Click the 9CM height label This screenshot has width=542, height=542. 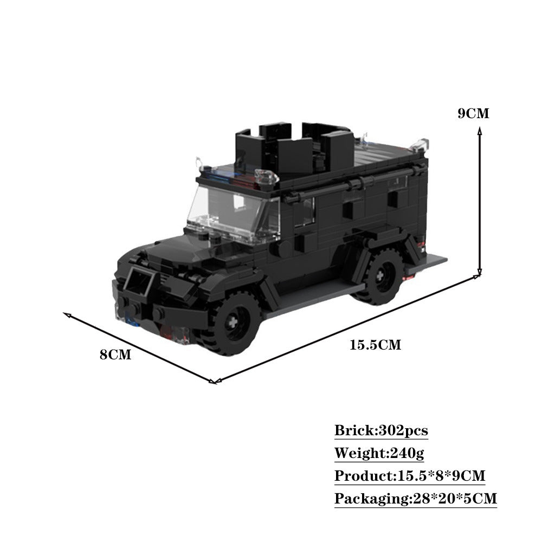[473, 114]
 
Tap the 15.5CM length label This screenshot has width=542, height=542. [375, 345]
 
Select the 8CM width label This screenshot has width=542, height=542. [115, 355]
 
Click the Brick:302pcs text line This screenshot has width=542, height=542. [381, 431]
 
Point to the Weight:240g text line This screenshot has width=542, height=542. [379, 453]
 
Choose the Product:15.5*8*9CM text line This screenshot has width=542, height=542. [409, 476]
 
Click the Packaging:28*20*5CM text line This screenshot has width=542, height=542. [415, 498]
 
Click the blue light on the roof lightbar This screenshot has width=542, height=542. [222, 176]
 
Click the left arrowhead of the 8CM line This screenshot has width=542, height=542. [66, 314]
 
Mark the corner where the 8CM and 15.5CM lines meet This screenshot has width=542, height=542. [214, 382]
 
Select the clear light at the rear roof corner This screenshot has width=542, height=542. [422, 144]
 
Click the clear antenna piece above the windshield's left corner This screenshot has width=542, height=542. [198, 163]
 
